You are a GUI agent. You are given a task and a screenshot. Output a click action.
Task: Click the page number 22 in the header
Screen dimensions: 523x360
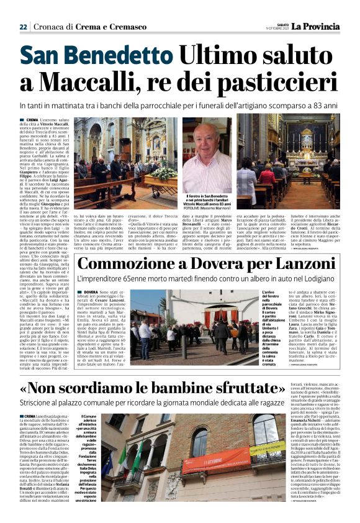click(x=23, y=27)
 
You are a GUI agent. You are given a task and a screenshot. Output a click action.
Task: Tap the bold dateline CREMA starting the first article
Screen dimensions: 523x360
click(x=32, y=119)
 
